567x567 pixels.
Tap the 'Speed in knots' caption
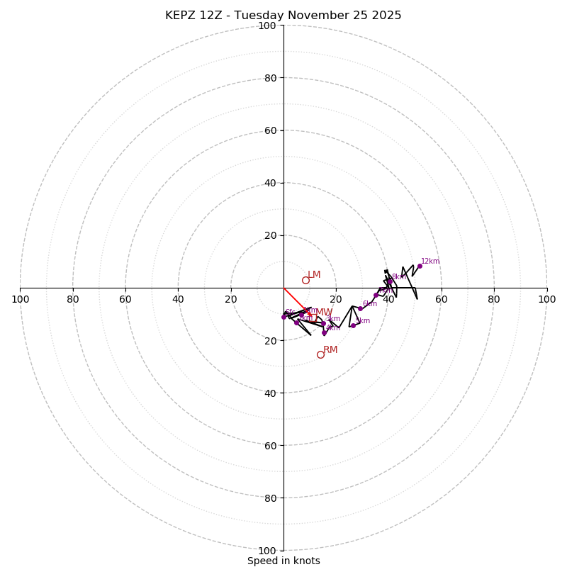283,561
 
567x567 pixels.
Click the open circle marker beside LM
305,280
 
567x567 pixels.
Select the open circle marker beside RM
320,354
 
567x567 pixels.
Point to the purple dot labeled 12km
420,266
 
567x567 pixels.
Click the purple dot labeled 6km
360,308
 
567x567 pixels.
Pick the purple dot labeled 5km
353,325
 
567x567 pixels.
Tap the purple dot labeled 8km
390,281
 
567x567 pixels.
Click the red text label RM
330,350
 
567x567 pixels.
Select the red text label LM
314,275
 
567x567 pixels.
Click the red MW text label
324,313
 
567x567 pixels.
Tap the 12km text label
430,262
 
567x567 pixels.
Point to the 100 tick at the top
267,26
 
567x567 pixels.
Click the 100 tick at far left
21,299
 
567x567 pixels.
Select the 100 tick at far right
546,299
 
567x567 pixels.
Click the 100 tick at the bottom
267,550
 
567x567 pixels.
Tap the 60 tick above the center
270,130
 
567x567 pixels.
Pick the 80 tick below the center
270,498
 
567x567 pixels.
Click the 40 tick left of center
179,299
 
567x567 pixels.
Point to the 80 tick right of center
494,299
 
